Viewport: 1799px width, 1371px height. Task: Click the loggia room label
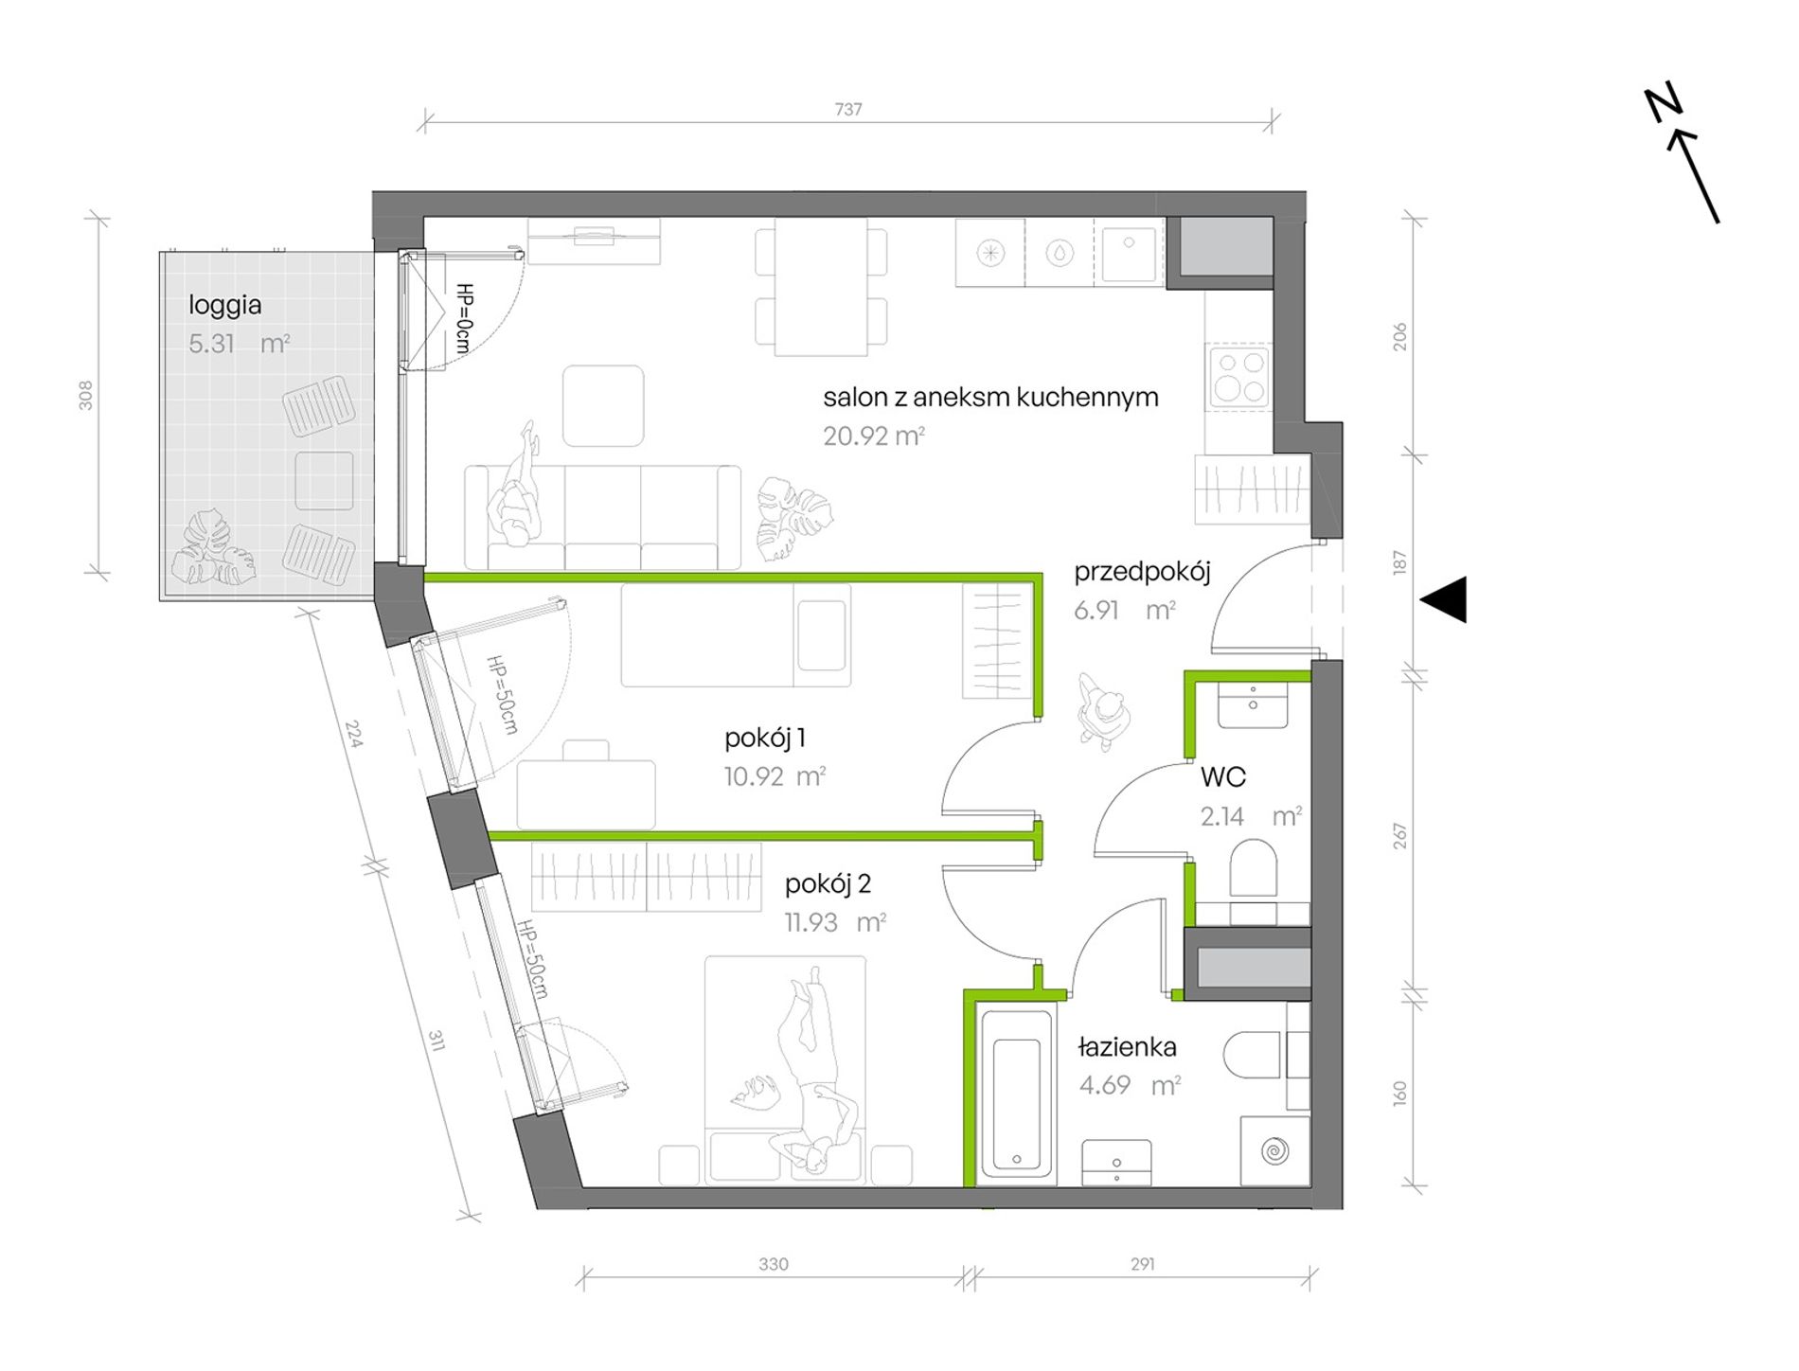224,305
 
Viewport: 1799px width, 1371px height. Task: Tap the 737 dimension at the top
848,110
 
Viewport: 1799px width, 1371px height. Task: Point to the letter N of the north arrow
1663,104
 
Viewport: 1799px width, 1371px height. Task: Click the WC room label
1222,777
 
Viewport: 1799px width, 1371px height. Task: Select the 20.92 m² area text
873,436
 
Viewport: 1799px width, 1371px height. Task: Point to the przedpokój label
1142,572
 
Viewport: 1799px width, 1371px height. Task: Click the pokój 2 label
828,884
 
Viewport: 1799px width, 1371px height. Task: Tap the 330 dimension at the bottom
774,1264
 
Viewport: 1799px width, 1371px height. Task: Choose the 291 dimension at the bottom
1142,1264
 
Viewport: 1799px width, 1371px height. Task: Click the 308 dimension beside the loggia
86,395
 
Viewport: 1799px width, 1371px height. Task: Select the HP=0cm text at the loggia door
464,318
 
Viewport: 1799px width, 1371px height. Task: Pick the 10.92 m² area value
775,777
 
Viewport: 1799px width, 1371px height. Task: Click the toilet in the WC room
1253,866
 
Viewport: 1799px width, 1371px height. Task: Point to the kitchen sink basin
1129,252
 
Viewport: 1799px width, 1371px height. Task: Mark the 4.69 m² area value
1130,1085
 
